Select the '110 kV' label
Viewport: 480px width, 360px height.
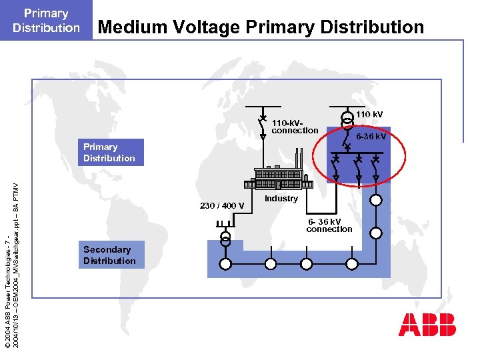pyautogui.click(x=369, y=115)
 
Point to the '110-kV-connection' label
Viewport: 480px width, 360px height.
pyautogui.click(x=295, y=127)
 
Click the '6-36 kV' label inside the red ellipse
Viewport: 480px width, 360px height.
pyautogui.click(x=371, y=137)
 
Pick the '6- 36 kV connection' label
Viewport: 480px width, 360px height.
pyautogui.click(x=329, y=225)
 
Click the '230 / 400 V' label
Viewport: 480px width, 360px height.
pyautogui.click(x=222, y=205)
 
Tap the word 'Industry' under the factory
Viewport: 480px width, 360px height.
pyautogui.click(x=281, y=199)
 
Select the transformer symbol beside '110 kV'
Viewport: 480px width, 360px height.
pyautogui.click(x=347, y=119)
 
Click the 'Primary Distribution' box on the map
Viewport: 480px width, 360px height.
pyautogui.click(x=109, y=153)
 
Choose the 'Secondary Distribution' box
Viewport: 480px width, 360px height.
pyautogui.click(x=109, y=255)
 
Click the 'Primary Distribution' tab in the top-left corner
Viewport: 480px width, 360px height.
pyautogui.click(x=46, y=20)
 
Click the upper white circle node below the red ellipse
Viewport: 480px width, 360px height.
pyautogui.click(x=377, y=200)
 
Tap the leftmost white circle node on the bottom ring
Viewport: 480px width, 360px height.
pyautogui.click(x=225, y=264)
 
